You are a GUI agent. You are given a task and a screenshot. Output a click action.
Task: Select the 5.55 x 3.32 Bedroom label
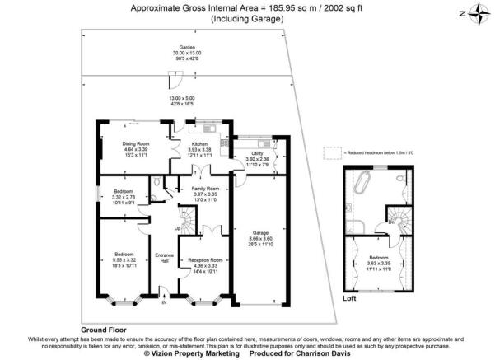click(124, 254)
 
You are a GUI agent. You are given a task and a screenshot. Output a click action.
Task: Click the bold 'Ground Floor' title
click(104, 328)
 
